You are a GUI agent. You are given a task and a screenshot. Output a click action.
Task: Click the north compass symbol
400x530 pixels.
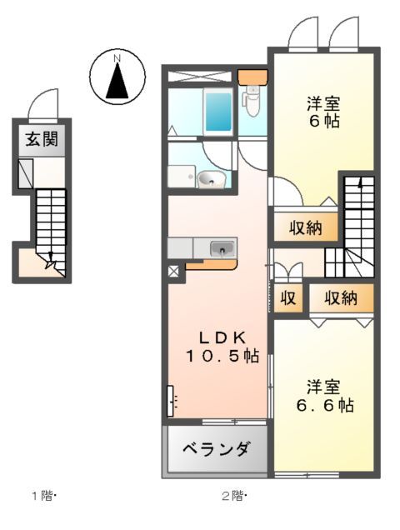pos(118,76)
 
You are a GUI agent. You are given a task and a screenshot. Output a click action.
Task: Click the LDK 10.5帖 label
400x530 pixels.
pos(221,347)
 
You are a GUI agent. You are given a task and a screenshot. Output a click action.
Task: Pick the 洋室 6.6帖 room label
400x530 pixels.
pos(326,397)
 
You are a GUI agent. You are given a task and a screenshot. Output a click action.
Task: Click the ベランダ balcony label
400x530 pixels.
pos(216,450)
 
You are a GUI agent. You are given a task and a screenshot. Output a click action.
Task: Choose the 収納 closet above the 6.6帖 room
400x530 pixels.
pos(340,297)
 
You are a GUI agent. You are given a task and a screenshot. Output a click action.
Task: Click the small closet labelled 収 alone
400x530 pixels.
pos(288,297)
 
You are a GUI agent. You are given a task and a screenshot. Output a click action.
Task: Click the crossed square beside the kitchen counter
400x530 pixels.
pos(173,270)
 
